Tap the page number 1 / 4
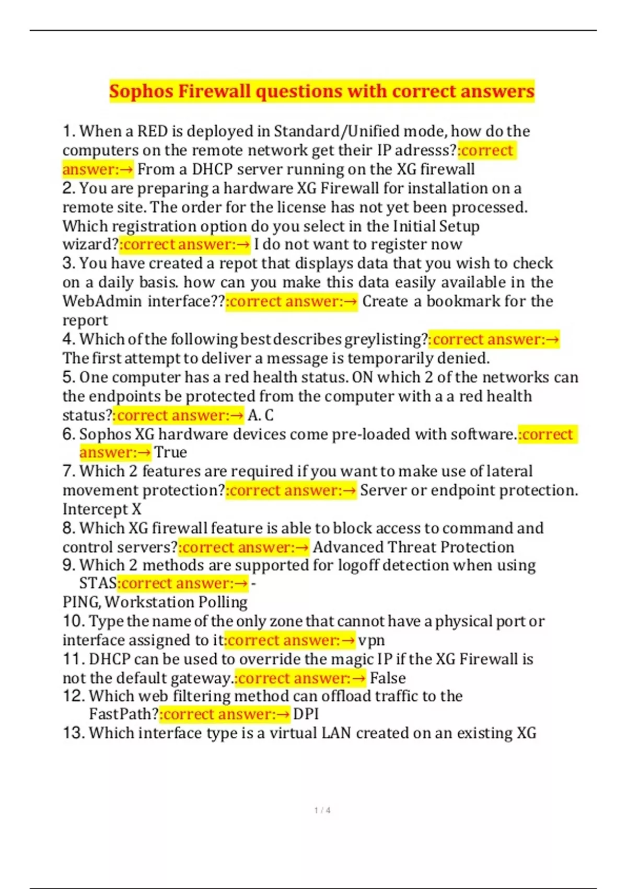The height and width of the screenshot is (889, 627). pyautogui.click(x=322, y=810)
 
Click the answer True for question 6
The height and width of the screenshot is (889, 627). pyautogui.click(x=170, y=452)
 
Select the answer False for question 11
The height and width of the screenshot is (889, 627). pyautogui.click(x=388, y=678)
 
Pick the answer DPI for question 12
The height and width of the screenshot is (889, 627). pyautogui.click(x=306, y=714)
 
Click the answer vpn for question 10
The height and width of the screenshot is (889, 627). pyautogui.click(x=371, y=640)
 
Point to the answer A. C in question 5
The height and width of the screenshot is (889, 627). pyautogui.click(x=260, y=415)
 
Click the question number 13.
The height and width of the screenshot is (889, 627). pyautogui.click(x=73, y=733)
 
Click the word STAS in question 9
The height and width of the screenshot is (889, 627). pyautogui.click(x=98, y=583)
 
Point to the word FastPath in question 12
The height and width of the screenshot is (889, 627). pyautogui.click(x=123, y=714)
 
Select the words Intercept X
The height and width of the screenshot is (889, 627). pyautogui.click(x=102, y=509)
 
